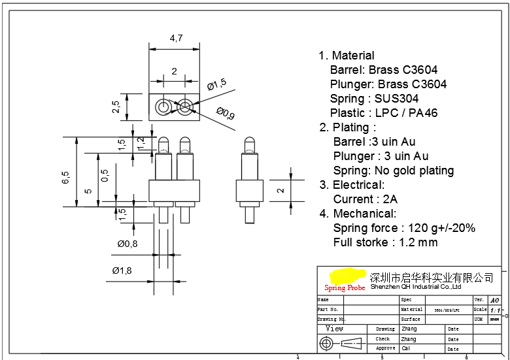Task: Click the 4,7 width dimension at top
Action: (176, 39)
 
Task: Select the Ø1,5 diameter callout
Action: (216, 84)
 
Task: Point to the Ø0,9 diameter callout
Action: (226, 114)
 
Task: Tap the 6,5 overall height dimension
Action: (65, 177)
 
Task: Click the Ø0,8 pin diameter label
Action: (127, 244)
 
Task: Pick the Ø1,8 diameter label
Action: (122, 270)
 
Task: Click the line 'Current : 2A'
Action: (365, 199)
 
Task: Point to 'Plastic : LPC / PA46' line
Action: (384, 113)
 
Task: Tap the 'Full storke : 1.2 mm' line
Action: (385, 242)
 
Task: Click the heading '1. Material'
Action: (347, 56)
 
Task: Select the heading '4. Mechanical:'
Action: (357, 214)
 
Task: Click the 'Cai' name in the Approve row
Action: (406, 348)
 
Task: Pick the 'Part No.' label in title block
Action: (328, 309)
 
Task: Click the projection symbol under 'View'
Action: (341, 343)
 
